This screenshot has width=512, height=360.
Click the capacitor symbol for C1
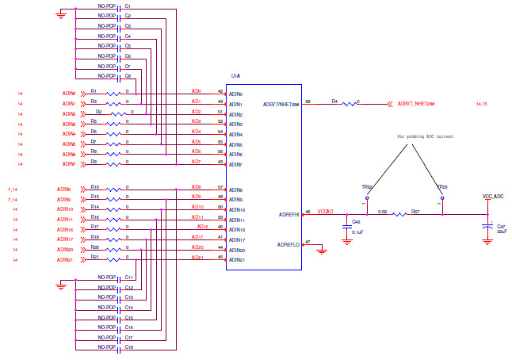click(119, 9)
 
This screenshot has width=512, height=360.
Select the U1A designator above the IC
click(235, 76)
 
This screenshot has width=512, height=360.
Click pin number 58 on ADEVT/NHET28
click(308, 101)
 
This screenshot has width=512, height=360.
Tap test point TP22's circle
click(368, 197)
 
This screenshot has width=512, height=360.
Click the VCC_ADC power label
click(493, 195)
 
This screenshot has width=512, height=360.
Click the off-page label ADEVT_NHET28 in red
click(421, 104)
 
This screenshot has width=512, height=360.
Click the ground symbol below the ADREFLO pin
click(321, 252)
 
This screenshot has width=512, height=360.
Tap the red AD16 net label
click(203, 227)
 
